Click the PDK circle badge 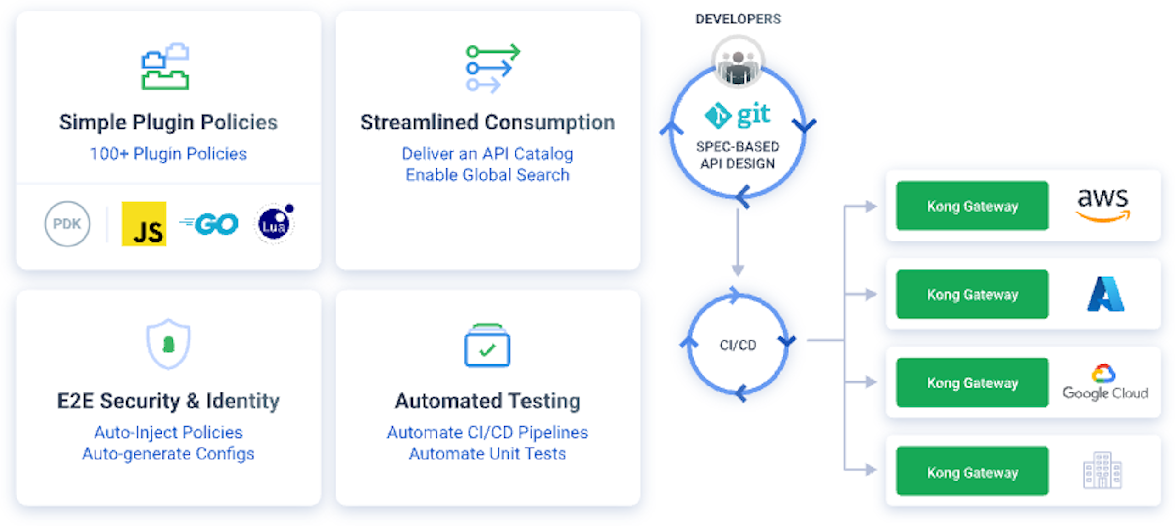67,224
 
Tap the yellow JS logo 144,224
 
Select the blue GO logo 210,224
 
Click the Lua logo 274,224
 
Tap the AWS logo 1102,205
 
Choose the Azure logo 1105,294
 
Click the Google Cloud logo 1105,382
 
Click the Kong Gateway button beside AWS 972,206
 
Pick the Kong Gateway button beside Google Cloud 972,382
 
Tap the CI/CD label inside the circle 738,345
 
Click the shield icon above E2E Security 168,344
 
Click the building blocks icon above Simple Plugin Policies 165,67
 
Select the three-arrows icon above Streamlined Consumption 492,68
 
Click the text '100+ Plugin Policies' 168,154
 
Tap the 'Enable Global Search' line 487,175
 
